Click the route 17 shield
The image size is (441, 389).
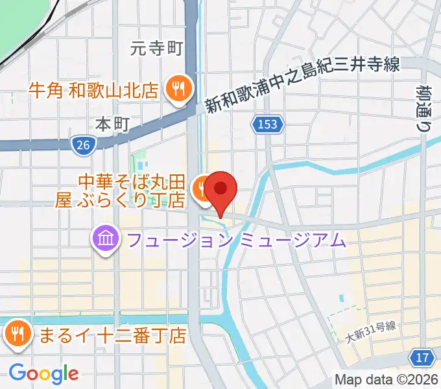click(422, 357)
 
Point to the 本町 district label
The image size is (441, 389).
click(113, 123)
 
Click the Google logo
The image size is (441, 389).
click(43, 373)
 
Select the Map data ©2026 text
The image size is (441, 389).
click(385, 379)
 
